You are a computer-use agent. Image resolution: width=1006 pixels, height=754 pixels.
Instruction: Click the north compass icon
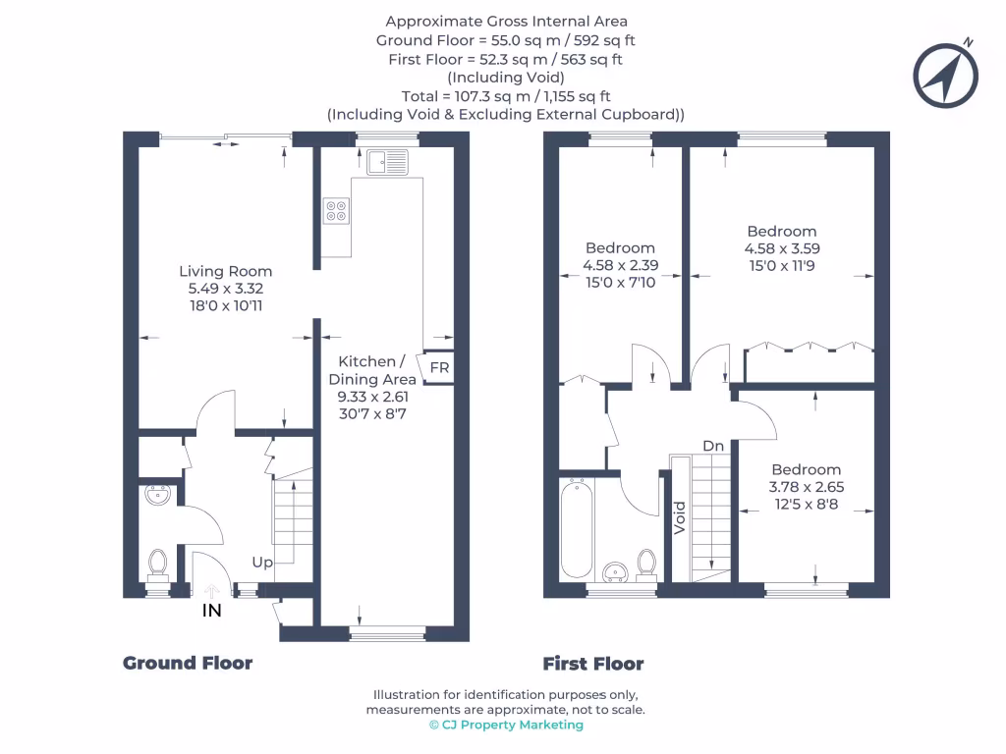click(x=947, y=75)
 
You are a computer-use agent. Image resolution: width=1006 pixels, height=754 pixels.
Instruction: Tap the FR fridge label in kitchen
click(x=440, y=368)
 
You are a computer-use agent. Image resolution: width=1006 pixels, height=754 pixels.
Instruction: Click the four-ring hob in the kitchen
click(x=336, y=211)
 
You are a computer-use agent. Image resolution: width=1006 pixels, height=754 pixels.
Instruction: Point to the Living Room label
click(x=225, y=271)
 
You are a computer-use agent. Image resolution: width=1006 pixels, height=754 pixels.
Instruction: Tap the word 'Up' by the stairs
click(x=262, y=563)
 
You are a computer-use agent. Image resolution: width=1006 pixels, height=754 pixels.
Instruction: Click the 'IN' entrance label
click(x=211, y=611)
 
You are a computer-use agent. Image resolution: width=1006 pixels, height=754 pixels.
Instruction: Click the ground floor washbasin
click(x=156, y=495)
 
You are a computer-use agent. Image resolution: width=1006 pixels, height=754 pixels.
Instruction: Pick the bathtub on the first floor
click(x=576, y=528)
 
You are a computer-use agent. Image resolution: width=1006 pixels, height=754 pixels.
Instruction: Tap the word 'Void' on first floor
click(x=679, y=517)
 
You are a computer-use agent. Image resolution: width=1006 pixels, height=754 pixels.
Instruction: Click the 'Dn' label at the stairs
click(x=713, y=446)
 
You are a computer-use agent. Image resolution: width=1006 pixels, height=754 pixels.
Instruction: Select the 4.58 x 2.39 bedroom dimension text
click(x=619, y=266)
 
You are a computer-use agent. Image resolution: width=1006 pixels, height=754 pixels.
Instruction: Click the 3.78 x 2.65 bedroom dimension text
click(x=806, y=486)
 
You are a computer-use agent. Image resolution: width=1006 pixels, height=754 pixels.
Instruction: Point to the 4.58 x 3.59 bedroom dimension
click(x=781, y=249)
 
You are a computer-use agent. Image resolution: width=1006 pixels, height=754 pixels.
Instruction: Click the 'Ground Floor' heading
click(x=188, y=664)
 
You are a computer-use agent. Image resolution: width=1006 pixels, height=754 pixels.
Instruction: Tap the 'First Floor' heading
click(x=593, y=664)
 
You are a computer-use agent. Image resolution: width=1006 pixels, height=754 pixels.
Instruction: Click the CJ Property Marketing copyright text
click(x=506, y=725)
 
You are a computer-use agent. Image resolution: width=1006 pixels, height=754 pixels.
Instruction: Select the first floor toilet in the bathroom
click(x=645, y=562)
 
